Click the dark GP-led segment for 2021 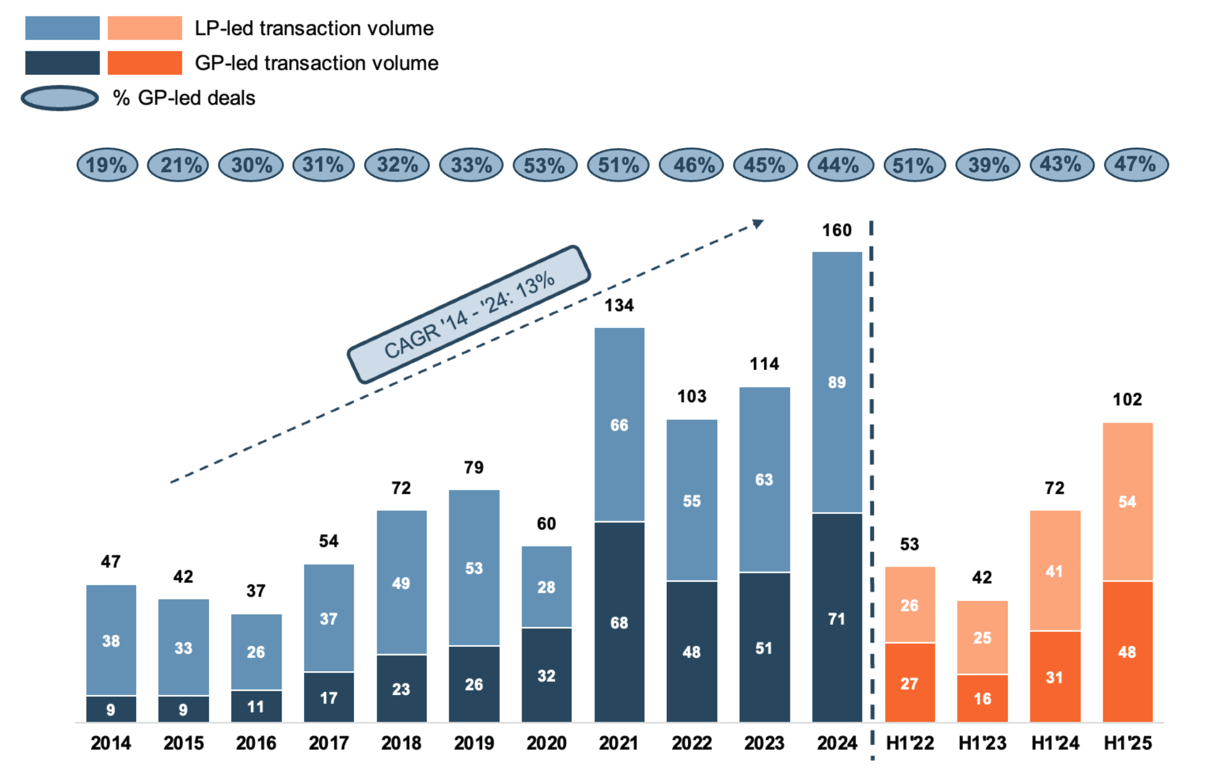tap(619, 621)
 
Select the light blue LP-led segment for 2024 tap(836, 381)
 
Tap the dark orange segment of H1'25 tap(1127, 651)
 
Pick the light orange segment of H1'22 tap(909, 604)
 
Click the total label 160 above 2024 tap(836, 230)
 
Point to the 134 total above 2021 tap(619, 305)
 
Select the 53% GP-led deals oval tap(545, 165)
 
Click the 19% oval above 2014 tap(107, 165)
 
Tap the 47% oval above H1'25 tap(1136, 164)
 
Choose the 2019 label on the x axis tap(474, 743)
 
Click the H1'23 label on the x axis tap(982, 743)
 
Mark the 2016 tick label tap(256, 743)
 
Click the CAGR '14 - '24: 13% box tap(469, 314)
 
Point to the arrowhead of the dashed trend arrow tap(757, 224)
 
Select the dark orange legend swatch tap(145, 63)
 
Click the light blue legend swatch tap(62, 28)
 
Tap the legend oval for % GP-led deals tap(60, 98)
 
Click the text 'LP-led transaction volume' tap(314, 28)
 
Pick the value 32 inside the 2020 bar tap(546, 675)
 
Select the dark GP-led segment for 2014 tap(111, 709)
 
